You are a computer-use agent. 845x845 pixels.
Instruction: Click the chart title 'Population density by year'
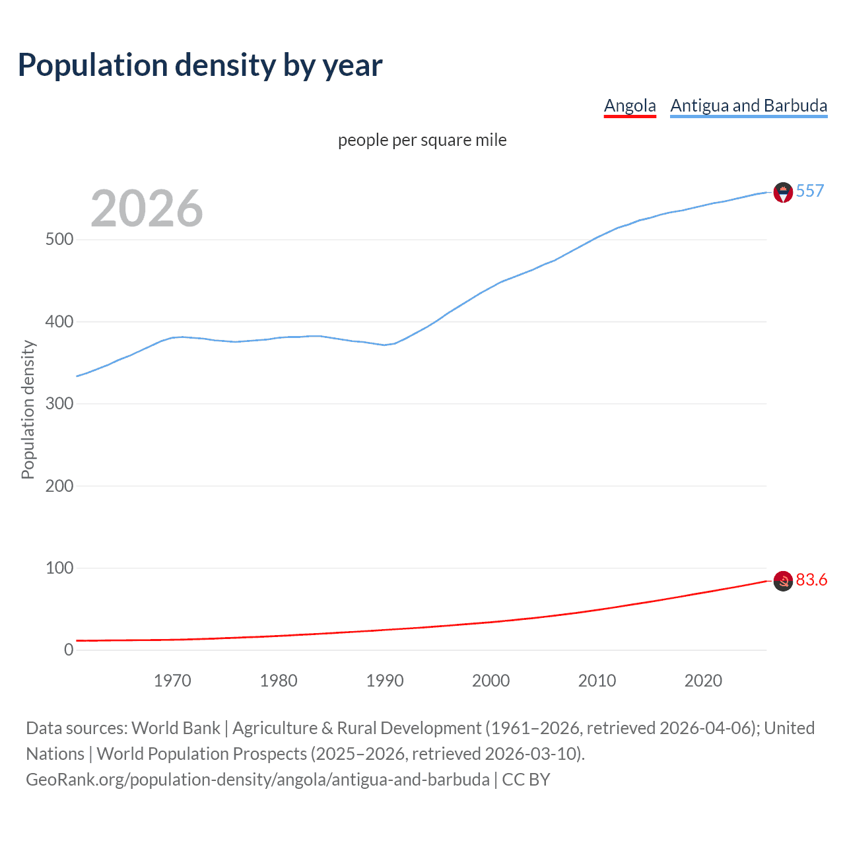(200, 65)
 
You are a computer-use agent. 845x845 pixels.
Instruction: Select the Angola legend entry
(630, 106)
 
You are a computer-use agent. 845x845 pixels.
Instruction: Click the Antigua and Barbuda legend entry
(749, 106)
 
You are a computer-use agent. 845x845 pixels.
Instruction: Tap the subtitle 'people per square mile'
(422, 140)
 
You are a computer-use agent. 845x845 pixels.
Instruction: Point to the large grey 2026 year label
(147, 209)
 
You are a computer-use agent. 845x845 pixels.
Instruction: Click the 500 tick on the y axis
(59, 240)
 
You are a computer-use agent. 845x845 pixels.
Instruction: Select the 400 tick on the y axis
(59, 321)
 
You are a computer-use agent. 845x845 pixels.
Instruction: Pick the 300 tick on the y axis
(59, 403)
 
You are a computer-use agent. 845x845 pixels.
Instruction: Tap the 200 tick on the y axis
(59, 486)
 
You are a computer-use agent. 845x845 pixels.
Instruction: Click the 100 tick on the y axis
(59, 568)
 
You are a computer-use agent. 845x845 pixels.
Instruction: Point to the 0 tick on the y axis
(69, 650)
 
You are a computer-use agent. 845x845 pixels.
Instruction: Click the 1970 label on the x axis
(172, 681)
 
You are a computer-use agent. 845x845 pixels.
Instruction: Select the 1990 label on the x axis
(385, 681)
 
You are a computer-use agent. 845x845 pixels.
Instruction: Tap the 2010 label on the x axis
(597, 681)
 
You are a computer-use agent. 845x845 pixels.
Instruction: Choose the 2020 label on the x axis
(703, 681)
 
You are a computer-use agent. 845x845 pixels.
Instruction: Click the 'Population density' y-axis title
(28, 409)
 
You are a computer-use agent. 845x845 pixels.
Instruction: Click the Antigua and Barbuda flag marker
(783, 192)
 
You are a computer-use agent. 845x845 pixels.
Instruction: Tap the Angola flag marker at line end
(783, 581)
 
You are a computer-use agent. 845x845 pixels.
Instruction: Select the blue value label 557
(810, 191)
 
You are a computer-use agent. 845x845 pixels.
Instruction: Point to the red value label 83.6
(811, 580)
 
